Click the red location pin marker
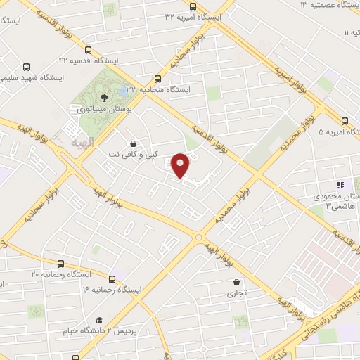coord(181,164)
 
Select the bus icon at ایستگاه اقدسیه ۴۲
coord(88,50)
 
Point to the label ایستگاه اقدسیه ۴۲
coord(87,61)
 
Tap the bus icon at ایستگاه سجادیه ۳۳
coord(158,79)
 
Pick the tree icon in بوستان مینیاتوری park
coord(104,97)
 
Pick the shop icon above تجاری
coord(236,283)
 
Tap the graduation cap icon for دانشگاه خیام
coord(99,320)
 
